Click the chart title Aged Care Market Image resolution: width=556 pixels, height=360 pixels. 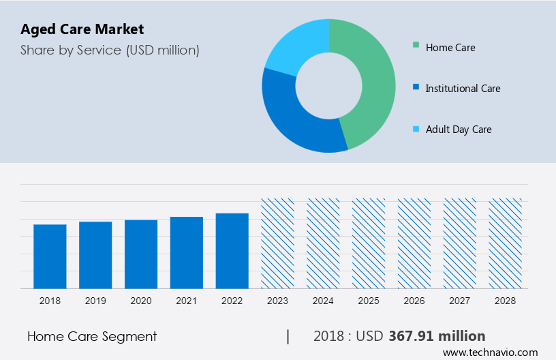pyautogui.click(x=82, y=29)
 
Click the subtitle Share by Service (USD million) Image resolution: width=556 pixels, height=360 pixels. pyautogui.click(x=110, y=50)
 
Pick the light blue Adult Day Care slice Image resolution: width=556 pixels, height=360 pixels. pyautogui.click(x=297, y=44)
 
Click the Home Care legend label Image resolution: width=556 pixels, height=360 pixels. pyautogui.click(x=450, y=48)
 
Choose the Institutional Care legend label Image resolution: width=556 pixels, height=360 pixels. pyautogui.click(x=463, y=89)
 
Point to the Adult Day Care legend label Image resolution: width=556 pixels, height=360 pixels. pyautogui.click(x=458, y=130)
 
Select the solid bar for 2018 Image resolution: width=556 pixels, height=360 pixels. pyautogui.click(x=50, y=256)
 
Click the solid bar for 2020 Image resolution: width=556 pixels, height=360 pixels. pyautogui.click(x=141, y=254)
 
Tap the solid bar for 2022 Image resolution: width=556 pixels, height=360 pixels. pyautogui.click(x=232, y=251)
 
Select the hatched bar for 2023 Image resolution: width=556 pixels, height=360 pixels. pyautogui.click(x=277, y=243)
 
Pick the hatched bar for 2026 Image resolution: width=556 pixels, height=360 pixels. pyautogui.click(x=414, y=243)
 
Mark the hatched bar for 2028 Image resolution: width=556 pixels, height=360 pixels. pyautogui.click(x=506, y=243)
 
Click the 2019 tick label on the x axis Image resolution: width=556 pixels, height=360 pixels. pyautogui.click(x=95, y=301)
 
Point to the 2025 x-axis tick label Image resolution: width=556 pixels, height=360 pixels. pyautogui.click(x=369, y=301)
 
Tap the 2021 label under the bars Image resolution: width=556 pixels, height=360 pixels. pyautogui.click(x=187, y=301)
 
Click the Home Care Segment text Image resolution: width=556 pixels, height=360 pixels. pyautogui.click(x=92, y=336)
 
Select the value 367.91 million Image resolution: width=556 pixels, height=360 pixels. pyautogui.click(x=437, y=336)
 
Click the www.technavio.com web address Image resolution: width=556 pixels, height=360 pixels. pyautogui.click(x=490, y=352)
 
